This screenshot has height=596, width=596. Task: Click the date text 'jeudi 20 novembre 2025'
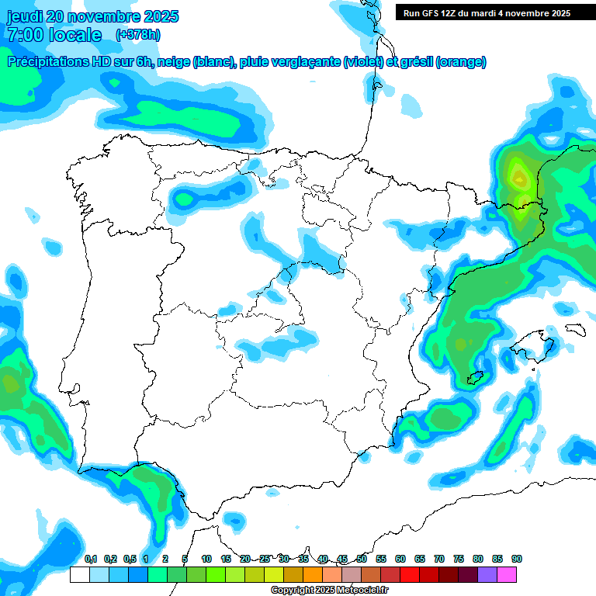[x=92, y=16]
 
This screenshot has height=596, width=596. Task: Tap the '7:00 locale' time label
[x=54, y=35]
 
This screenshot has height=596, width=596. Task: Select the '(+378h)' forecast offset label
[x=138, y=35]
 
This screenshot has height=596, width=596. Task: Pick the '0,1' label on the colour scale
[x=91, y=560]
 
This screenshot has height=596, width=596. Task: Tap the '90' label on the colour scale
[x=517, y=560]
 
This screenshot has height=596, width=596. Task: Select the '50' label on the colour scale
[x=362, y=560]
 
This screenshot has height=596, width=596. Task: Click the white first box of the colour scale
[x=80, y=574]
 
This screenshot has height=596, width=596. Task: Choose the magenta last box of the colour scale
[x=507, y=574]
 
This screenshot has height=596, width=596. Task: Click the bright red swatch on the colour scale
[x=410, y=574]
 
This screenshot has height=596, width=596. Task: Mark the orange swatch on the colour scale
[x=313, y=574]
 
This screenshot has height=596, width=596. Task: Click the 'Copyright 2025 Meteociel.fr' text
[x=329, y=591]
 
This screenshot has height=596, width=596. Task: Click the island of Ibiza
[x=476, y=378]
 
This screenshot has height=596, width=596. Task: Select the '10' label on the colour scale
[x=206, y=560]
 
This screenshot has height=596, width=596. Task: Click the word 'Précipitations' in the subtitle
[x=47, y=62]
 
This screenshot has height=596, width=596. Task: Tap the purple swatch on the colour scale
[x=487, y=574]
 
